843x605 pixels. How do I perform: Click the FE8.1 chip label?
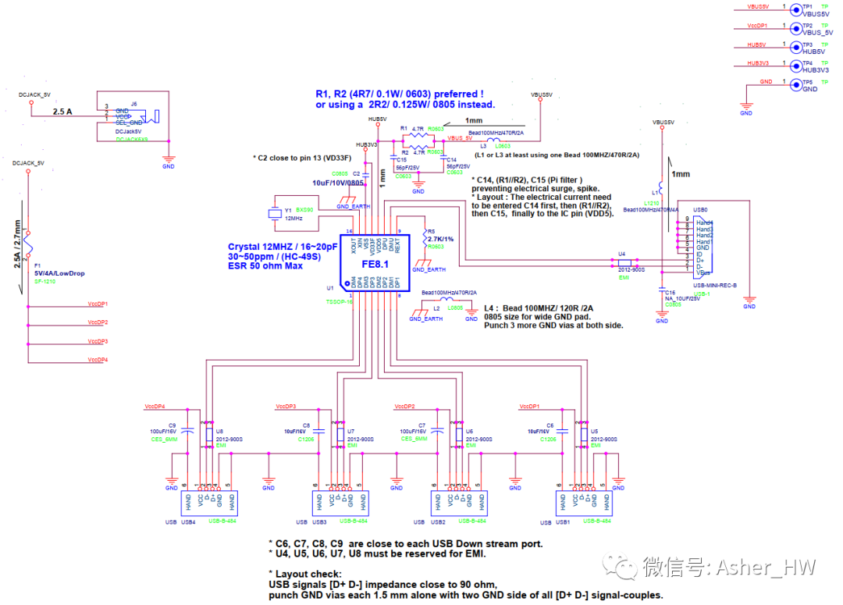(x=375, y=264)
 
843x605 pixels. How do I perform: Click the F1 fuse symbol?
(x=27, y=243)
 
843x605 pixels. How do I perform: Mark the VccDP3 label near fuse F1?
(x=97, y=341)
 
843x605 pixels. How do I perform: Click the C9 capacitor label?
(x=172, y=425)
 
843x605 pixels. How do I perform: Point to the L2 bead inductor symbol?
(x=446, y=300)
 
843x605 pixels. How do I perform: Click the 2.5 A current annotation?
(x=62, y=112)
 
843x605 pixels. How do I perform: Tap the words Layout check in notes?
(x=309, y=574)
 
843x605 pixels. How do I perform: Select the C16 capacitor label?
(x=670, y=292)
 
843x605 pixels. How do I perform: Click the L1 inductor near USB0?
(x=661, y=187)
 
